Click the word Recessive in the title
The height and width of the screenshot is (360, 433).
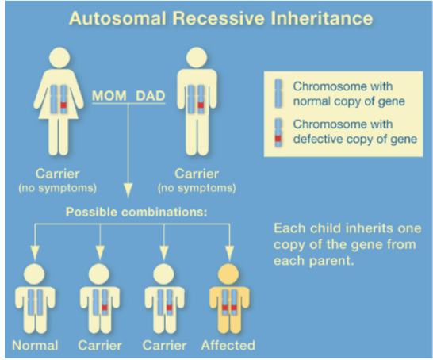click(x=218, y=18)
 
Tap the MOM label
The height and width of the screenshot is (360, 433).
click(x=109, y=96)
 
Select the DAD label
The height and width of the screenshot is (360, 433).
click(x=151, y=96)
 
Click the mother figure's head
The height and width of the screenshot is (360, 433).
click(x=59, y=57)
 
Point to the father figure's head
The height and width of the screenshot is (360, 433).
click(x=197, y=57)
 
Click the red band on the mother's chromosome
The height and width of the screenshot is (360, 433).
click(x=63, y=105)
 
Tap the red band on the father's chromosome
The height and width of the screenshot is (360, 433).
click(x=201, y=105)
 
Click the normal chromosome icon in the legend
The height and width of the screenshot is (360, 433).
click(x=278, y=94)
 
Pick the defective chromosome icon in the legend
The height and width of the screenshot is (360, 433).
click(x=278, y=132)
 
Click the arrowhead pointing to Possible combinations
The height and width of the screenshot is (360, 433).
click(x=128, y=190)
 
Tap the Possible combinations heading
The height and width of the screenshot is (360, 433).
click(x=136, y=212)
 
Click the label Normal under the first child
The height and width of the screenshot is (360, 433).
click(x=35, y=346)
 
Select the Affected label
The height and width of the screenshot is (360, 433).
click(x=228, y=346)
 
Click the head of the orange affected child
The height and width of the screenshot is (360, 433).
click(x=228, y=274)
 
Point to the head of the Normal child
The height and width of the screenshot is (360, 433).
click(x=34, y=274)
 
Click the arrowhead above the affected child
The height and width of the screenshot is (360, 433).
click(x=229, y=253)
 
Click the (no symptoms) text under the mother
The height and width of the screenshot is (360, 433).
click(x=57, y=188)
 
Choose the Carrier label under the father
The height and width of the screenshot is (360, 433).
click(x=197, y=174)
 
